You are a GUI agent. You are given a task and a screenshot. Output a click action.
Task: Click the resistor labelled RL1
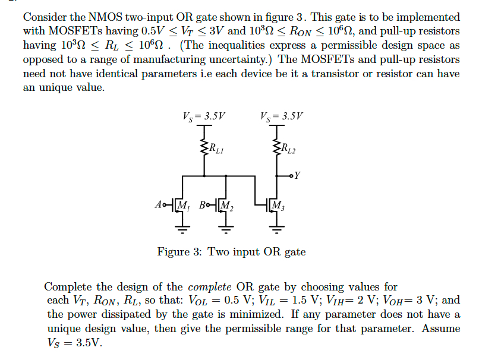(204, 147)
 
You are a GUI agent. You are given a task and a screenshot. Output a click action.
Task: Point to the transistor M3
(275, 206)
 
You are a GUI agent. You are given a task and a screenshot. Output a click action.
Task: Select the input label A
(157, 206)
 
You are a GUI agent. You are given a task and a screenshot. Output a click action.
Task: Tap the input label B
(203, 206)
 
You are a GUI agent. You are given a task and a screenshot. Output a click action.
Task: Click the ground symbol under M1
(183, 228)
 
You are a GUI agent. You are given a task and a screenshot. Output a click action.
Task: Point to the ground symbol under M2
(228, 228)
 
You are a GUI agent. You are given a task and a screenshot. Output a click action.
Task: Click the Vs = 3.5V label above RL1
(205, 116)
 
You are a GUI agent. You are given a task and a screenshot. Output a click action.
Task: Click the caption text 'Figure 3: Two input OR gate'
(231, 252)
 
